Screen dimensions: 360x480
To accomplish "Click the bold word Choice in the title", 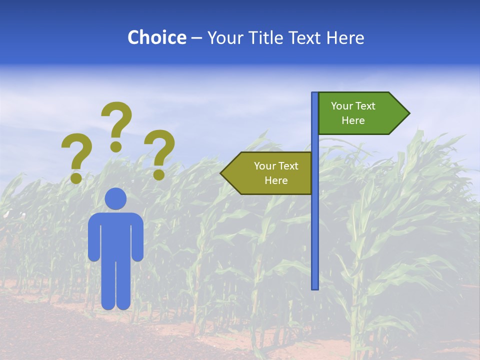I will (156, 37).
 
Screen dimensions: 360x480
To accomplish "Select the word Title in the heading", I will (263, 37).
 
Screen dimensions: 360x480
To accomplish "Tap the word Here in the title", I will (345, 37).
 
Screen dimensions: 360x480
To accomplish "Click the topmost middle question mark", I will (117, 120).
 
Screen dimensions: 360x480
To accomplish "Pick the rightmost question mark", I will (160, 149).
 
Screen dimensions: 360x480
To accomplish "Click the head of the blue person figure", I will (115, 198).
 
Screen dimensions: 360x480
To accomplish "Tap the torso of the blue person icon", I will (115, 235).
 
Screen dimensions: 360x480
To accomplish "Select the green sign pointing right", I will (357, 113).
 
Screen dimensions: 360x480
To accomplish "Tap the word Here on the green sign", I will (353, 120).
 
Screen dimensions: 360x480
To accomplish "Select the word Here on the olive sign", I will (276, 180).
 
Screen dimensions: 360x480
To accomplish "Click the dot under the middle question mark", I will (116, 146).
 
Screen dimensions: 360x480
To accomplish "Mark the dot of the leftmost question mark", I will (76, 178).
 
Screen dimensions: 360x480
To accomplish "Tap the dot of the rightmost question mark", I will (159, 174).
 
